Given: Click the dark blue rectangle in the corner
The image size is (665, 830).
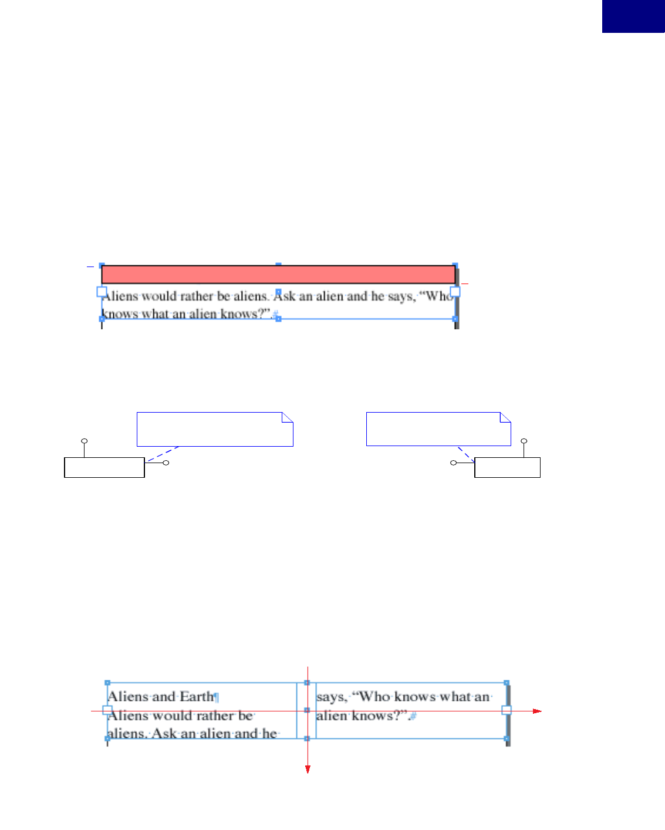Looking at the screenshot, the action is [x=633, y=16].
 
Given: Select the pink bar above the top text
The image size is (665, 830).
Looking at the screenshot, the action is [x=278, y=275].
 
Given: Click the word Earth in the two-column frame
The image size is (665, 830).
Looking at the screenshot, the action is [x=197, y=697].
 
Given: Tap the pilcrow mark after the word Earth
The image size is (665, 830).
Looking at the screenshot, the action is [x=217, y=697].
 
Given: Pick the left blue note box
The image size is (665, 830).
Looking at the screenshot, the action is [x=214, y=429].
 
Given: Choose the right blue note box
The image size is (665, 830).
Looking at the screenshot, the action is [x=438, y=429].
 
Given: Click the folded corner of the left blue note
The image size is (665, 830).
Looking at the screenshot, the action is [x=288, y=417].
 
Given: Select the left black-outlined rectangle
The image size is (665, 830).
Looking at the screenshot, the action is [x=104, y=467].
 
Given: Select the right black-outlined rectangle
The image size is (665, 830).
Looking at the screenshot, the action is [x=507, y=467].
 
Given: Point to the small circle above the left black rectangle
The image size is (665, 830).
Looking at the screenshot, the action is [x=85, y=441].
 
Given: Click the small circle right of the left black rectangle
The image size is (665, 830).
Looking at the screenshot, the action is [x=166, y=463].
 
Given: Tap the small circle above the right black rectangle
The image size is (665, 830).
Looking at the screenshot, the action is [x=524, y=441].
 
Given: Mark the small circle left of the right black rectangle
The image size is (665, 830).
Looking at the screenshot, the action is [x=453, y=463].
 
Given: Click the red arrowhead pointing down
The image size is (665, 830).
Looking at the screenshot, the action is [x=308, y=769].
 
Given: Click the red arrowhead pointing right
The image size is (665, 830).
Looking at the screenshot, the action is [x=536, y=711].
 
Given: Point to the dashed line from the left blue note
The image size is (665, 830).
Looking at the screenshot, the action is [x=163, y=454].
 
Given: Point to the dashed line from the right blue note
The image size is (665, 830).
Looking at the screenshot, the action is [x=466, y=454].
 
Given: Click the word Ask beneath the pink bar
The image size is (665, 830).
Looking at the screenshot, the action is [x=285, y=296].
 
